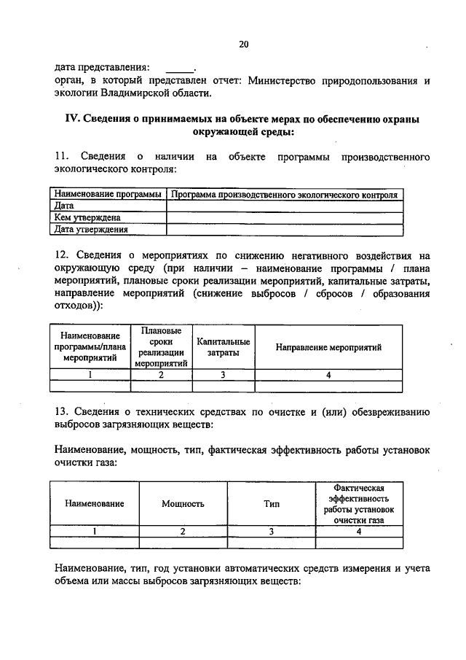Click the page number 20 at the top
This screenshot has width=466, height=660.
click(243, 44)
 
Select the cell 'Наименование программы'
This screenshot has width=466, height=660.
click(107, 195)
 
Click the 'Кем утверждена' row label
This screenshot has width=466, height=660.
click(87, 217)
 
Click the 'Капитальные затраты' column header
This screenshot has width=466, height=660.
click(223, 347)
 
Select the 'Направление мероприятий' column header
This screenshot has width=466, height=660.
click(328, 347)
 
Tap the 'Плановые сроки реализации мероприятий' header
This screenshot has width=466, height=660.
click(161, 347)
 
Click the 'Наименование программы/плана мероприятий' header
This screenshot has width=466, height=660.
click(90, 347)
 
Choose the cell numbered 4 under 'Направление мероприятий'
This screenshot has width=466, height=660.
click(328, 375)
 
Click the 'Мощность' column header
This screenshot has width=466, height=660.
click(183, 503)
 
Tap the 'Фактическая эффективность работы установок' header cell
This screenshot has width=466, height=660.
click(358, 503)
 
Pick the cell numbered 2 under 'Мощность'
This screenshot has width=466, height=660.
click(183, 531)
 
